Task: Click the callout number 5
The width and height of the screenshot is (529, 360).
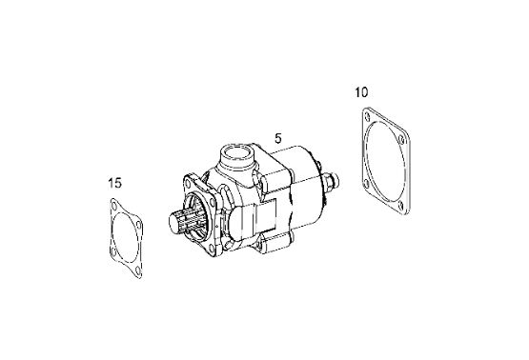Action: tap(278, 138)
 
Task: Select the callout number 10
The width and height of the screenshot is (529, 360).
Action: tap(361, 92)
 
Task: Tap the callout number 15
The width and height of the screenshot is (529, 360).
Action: tap(114, 183)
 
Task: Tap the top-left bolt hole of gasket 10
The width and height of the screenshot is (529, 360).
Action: tap(367, 116)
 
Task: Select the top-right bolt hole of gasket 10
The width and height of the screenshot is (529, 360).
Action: tap(401, 139)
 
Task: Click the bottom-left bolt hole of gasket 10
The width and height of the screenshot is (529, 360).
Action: tap(366, 184)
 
